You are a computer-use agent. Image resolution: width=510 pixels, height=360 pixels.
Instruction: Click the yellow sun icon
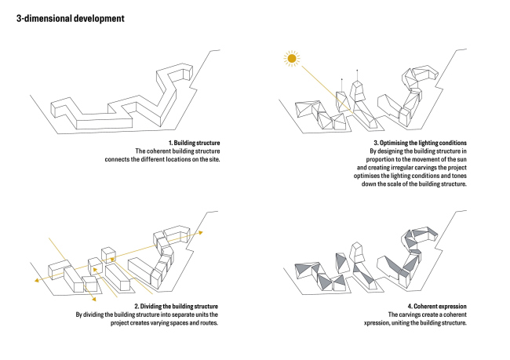tap(292, 59)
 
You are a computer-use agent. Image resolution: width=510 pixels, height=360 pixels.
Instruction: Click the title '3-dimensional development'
tap(71, 19)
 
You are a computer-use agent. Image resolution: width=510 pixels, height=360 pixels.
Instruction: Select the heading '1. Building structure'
tap(194, 143)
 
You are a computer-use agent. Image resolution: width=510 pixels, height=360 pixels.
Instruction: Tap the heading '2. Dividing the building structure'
tap(177, 307)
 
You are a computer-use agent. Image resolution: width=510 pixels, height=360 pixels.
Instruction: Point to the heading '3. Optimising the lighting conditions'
tap(420, 143)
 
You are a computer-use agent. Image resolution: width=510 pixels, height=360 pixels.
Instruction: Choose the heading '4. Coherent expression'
tap(437, 307)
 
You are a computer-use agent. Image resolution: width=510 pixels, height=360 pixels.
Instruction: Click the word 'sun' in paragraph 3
tap(461, 159)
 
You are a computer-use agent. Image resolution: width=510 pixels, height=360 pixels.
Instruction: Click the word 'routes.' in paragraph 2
tap(209, 323)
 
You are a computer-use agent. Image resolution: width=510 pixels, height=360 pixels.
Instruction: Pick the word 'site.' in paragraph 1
tap(214, 159)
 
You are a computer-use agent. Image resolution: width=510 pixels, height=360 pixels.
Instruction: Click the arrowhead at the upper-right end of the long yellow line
tap(201, 232)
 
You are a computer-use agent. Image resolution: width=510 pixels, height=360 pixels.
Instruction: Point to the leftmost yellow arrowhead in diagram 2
tap(37, 280)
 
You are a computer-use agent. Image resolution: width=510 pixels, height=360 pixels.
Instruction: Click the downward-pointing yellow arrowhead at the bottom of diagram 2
tap(94, 299)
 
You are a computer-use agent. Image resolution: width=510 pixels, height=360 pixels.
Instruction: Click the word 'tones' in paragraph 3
tap(459, 176)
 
